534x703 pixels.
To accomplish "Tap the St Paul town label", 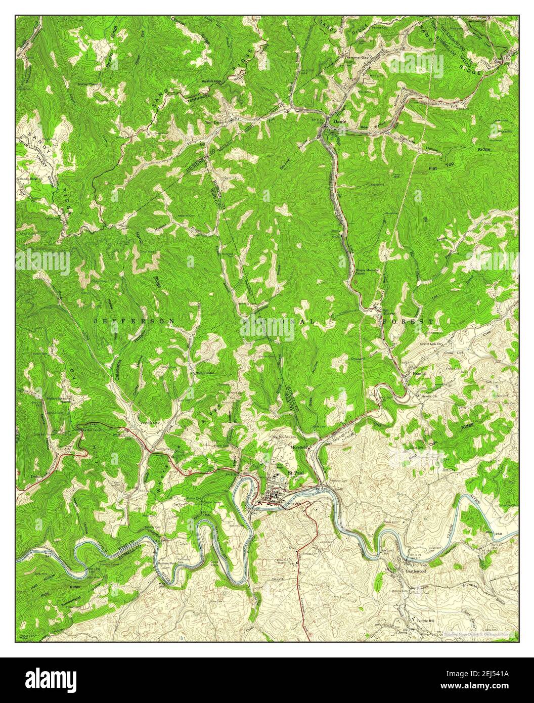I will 294,472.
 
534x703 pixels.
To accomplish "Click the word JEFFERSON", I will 135,321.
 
